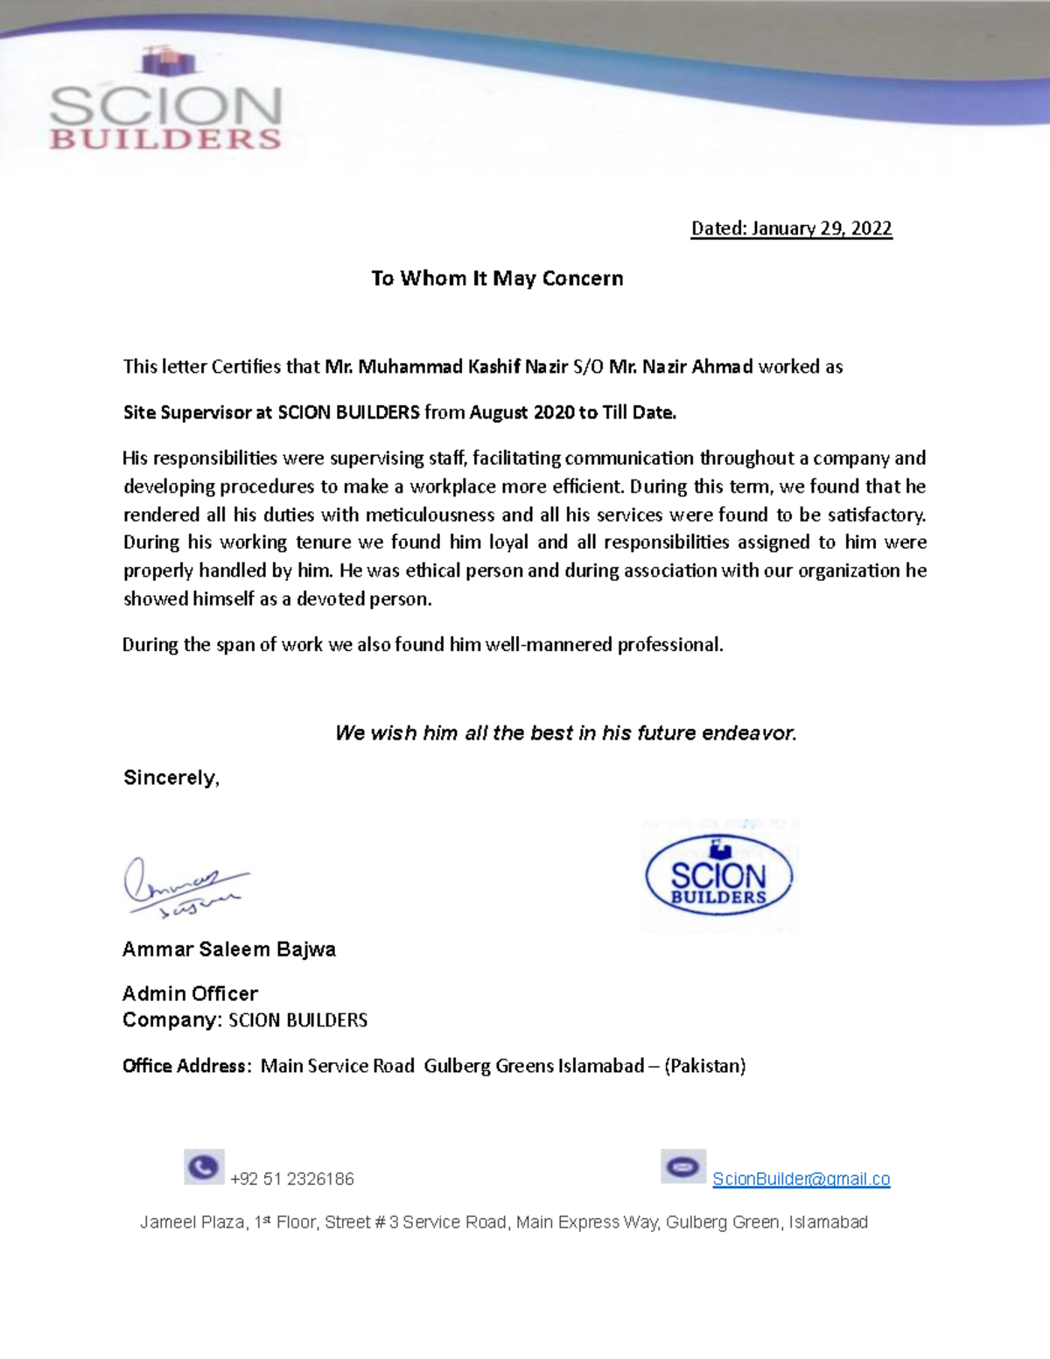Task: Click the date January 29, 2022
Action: (821, 228)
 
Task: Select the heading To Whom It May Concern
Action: (497, 278)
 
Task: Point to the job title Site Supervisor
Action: (186, 412)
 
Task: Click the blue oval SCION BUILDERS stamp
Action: (718, 876)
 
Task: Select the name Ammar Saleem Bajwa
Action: (229, 949)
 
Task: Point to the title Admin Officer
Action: (190, 994)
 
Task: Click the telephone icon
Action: (204, 1167)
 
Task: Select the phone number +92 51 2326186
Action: (291, 1180)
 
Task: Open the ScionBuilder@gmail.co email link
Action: (801, 1179)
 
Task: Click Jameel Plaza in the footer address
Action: (192, 1222)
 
